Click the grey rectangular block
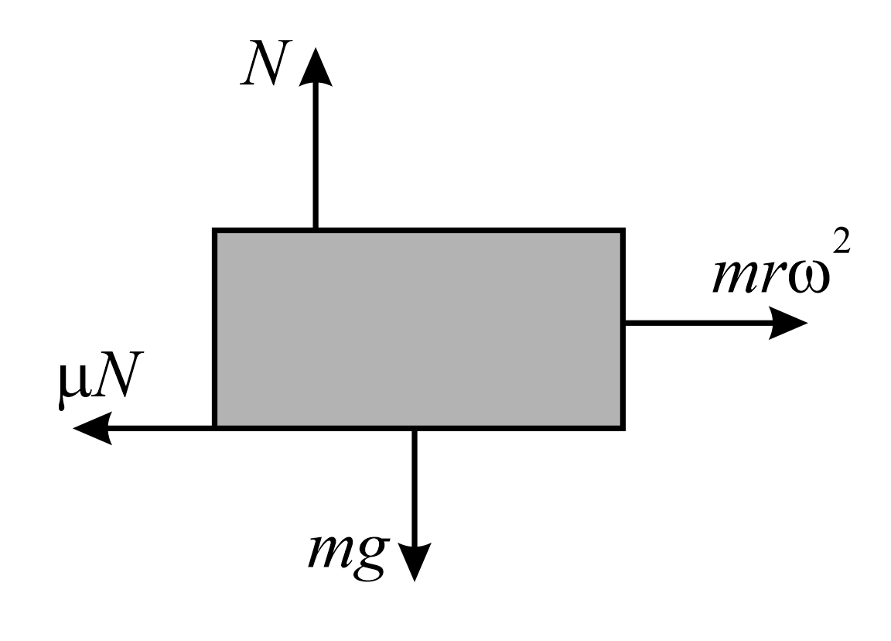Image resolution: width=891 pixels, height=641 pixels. click(418, 328)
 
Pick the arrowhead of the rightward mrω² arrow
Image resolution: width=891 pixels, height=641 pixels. click(789, 323)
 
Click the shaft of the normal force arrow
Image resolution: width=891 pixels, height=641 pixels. click(315, 155)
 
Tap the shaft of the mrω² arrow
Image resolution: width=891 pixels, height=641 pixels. click(696, 323)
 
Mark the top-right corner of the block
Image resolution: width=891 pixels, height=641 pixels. click(623, 230)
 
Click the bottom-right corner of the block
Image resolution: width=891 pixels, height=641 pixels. click(623, 427)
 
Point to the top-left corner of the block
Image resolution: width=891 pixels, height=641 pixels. click(214, 230)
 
